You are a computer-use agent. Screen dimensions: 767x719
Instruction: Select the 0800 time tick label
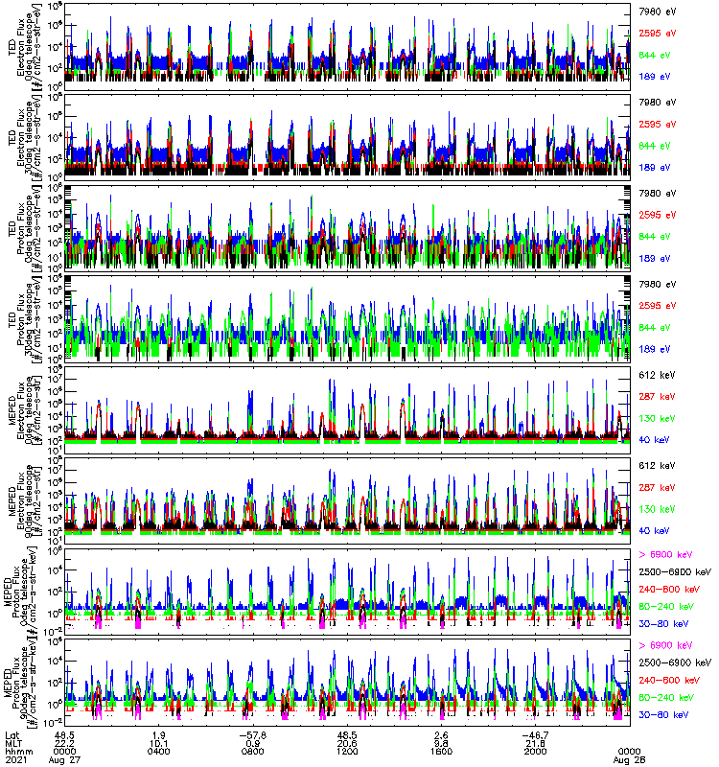[254, 751]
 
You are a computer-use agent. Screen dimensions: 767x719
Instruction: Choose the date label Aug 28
[629, 759]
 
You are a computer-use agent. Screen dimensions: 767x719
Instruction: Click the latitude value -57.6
[254, 733]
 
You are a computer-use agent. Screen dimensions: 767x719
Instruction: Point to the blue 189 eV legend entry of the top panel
[655, 75]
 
